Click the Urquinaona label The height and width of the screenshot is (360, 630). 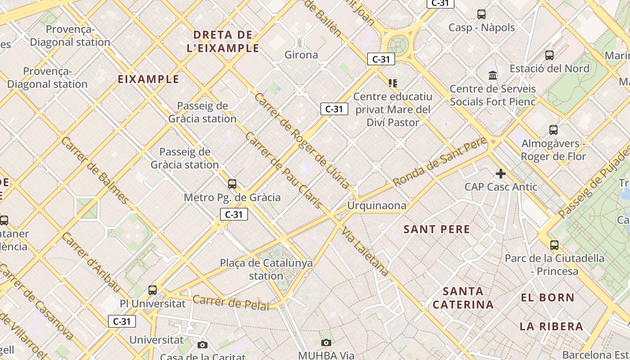click(x=377, y=206)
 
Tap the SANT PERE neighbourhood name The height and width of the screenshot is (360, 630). click(x=436, y=229)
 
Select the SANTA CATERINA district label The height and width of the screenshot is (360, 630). click(x=463, y=298)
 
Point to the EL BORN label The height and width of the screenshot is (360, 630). click(x=548, y=297)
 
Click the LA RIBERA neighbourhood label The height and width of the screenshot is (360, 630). click(x=551, y=326)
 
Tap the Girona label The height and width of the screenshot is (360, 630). click(x=301, y=55)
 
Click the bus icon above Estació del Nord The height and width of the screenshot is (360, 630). click(x=549, y=55)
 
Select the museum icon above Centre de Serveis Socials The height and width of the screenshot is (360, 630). click(x=493, y=75)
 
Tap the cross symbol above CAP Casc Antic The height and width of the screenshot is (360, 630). click(x=500, y=174)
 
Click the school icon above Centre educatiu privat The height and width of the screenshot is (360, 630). click(x=393, y=83)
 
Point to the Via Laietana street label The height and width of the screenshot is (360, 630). click(x=365, y=252)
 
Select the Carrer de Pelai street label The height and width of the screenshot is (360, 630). click(x=231, y=303)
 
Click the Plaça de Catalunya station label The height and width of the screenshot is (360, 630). click(x=266, y=269)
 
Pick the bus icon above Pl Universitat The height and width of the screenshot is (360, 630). click(x=153, y=290)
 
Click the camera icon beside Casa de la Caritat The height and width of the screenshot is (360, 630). click(x=202, y=345)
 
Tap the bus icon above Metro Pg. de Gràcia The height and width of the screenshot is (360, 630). click(x=232, y=184)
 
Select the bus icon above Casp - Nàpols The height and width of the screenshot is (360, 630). click(x=481, y=14)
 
